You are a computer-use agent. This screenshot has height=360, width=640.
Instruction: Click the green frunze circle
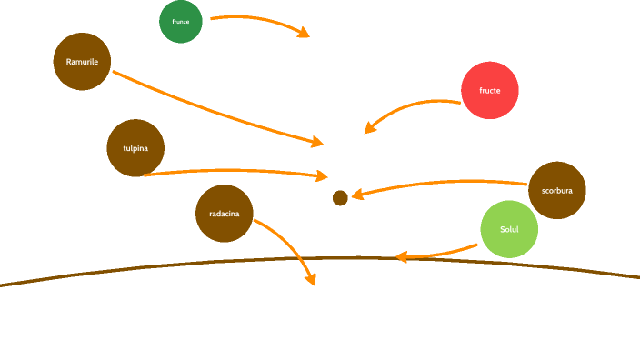pos(181,21)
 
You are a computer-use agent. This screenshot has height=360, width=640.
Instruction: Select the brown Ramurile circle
pos(82,62)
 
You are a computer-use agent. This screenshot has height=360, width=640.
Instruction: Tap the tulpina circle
pos(135,147)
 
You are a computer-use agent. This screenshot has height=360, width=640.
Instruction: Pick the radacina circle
pos(225,214)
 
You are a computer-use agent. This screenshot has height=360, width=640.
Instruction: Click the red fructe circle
pos(490,91)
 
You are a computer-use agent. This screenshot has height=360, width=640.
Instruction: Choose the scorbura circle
pos(556,191)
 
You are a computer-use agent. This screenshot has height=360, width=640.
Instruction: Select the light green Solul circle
pos(509,229)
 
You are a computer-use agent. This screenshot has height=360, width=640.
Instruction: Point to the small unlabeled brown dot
pos(340,198)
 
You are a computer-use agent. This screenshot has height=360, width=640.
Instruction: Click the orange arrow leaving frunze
pos(259,18)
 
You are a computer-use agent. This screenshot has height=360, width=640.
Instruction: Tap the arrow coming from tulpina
pos(236,170)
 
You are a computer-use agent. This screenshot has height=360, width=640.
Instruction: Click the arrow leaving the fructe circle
pos(409,106)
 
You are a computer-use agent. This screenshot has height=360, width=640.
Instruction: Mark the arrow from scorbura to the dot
pos(436,186)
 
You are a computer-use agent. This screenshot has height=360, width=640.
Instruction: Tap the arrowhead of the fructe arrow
pos(369,128)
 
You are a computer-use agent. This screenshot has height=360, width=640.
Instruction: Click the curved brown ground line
pos(136,268)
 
